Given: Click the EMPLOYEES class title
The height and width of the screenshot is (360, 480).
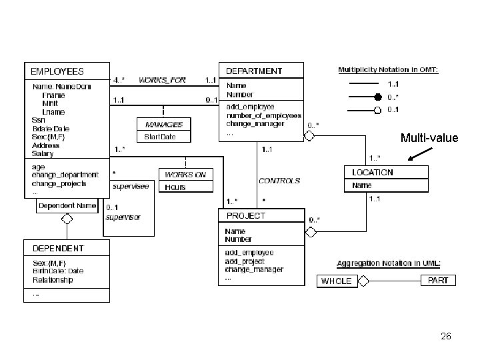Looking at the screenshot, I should [x=55, y=71].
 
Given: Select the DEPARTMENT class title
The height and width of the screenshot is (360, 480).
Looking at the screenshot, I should [x=254, y=71].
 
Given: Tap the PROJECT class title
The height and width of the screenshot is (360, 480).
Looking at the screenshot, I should [x=246, y=216].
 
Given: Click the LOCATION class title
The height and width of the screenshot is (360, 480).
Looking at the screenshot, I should [x=373, y=172].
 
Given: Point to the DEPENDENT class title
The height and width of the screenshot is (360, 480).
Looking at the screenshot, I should [x=59, y=248].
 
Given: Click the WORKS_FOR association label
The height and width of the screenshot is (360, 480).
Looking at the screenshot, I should [x=162, y=80].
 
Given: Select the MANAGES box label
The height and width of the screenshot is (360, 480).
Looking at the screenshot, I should [x=163, y=124].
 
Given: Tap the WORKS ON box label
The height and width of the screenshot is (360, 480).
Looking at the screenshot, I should [x=185, y=175].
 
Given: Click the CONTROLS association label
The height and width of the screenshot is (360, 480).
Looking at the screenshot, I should [x=279, y=180].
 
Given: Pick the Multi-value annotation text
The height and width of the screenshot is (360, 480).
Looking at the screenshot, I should [x=429, y=139].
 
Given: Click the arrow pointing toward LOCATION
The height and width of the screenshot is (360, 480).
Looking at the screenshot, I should [x=419, y=154].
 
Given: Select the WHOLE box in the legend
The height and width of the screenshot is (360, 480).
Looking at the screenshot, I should [x=336, y=281].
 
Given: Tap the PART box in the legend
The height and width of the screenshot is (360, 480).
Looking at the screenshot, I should [x=437, y=280].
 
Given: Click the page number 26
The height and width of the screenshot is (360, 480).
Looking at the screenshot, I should [x=446, y=336].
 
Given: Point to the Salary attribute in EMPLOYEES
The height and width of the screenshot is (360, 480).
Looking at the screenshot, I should [x=42, y=153].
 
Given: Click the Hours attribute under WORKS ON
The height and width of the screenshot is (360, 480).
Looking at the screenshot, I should [x=175, y=187].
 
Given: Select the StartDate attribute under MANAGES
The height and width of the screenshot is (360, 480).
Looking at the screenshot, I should [x=160, y=137].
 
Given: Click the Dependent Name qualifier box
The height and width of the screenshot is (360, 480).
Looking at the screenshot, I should [x=67, y=205].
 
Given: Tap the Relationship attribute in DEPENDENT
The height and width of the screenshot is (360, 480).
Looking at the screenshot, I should [x=53, y=279].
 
